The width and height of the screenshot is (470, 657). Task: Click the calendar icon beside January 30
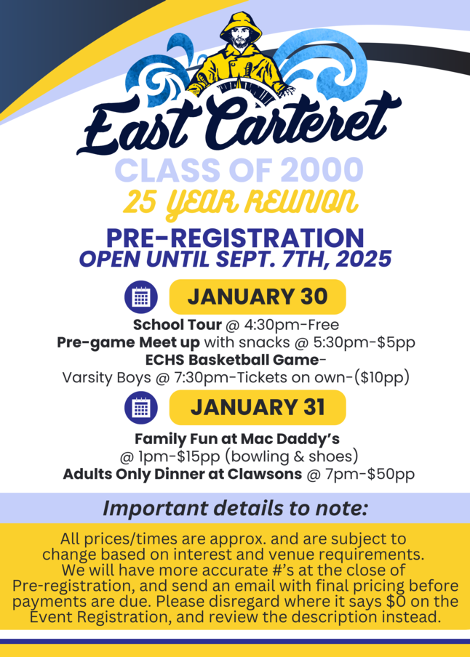141,297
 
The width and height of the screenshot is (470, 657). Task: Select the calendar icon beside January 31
141,407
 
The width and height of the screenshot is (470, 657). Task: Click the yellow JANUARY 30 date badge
258,297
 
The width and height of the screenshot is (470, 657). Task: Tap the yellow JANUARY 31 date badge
258,407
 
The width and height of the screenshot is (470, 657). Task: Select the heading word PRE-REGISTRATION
235,238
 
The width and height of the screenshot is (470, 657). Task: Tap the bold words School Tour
177,325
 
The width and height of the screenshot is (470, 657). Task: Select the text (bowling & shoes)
292,456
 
